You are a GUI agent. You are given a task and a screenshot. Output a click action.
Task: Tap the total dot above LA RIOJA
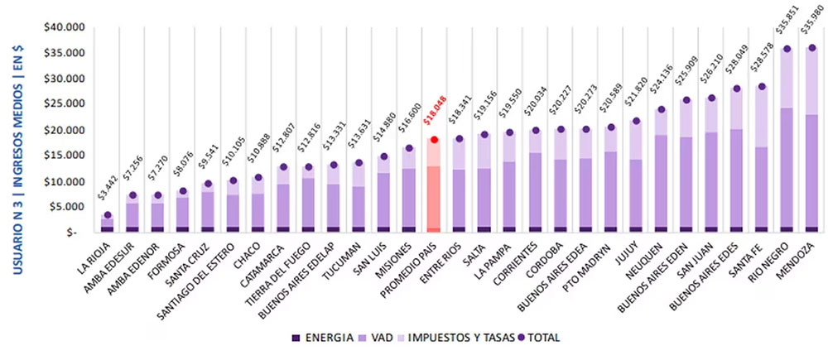coord(107,214)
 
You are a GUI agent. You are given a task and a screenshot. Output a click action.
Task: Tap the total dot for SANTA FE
coord(761,86)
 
